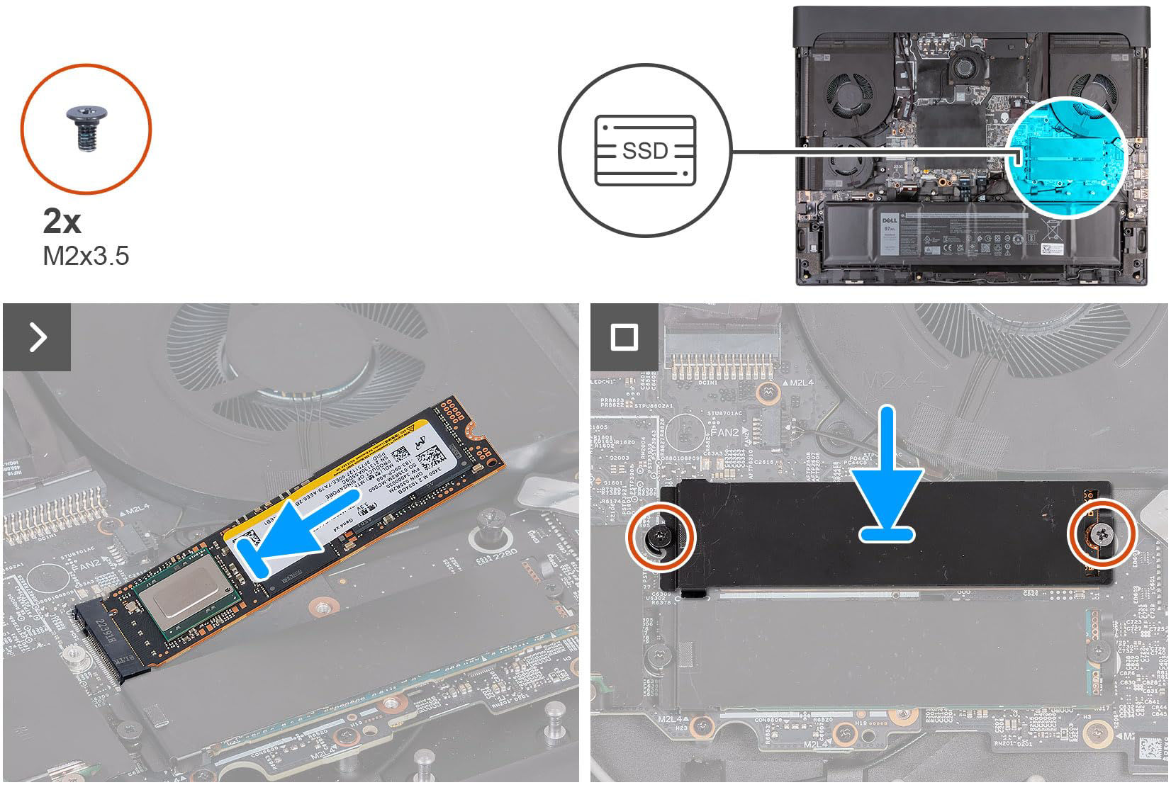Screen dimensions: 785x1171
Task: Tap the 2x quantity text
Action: coord(62,222)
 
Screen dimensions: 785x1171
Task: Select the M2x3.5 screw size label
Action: coord(86,256)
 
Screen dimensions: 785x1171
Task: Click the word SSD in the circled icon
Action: coord(645,150)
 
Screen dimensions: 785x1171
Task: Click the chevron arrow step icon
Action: coord(37,337)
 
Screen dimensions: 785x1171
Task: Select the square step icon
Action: coord(624,337)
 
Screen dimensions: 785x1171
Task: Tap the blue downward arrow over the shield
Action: coord(887,482)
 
